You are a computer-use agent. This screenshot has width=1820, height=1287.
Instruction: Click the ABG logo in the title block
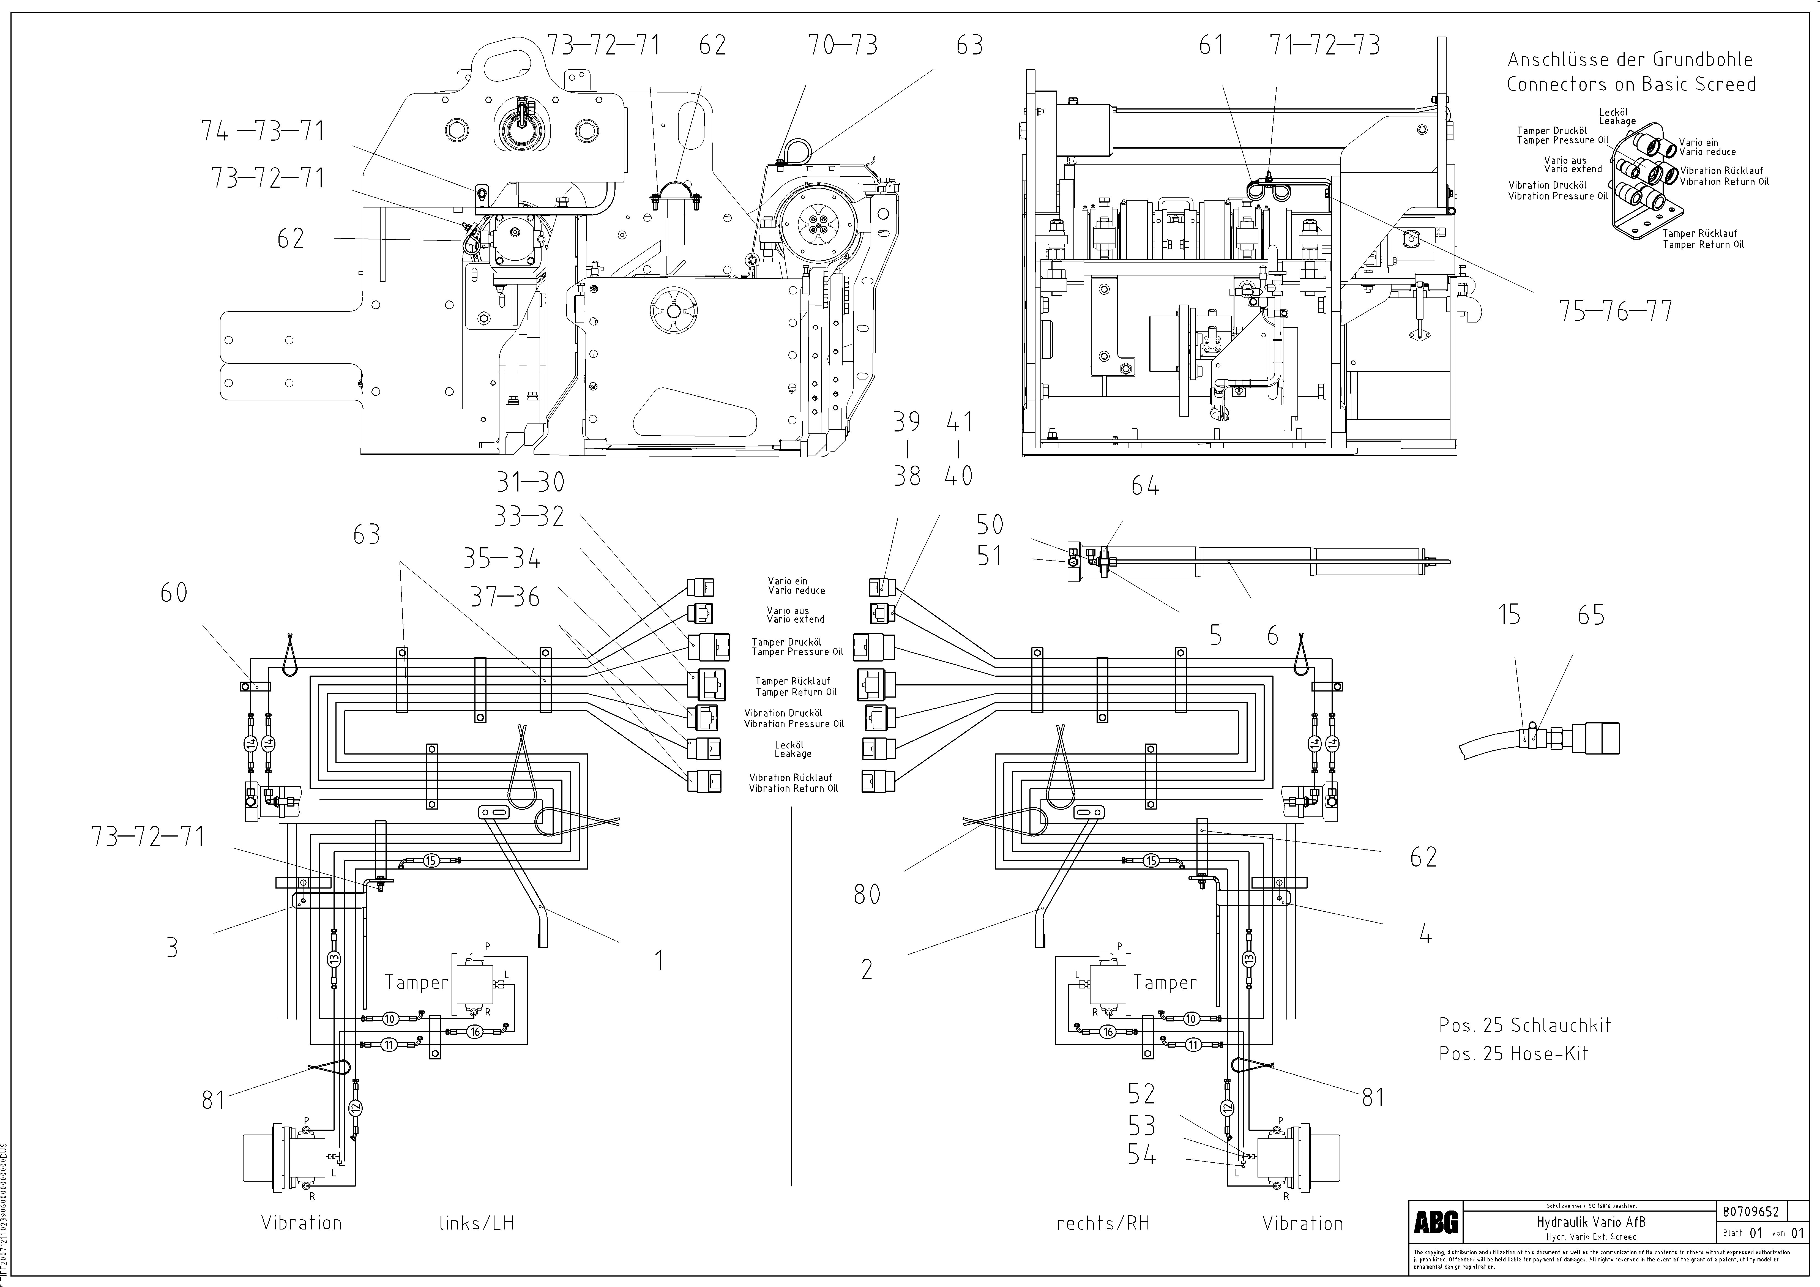coord(1436,1223)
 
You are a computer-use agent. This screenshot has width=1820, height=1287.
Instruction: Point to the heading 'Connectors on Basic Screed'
coord(1631,84)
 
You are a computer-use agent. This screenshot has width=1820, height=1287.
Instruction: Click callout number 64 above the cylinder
coord(1145,486)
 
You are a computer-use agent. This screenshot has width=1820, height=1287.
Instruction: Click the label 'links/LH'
coord(476,1223)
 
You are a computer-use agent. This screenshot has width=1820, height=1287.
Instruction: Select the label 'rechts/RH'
coord(1103,1223)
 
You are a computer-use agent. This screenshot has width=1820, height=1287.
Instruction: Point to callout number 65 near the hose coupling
coord(1591,615)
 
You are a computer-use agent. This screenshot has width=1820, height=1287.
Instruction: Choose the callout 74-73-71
coord(262,131)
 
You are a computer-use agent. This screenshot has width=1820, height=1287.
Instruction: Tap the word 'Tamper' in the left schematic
coord(416,983)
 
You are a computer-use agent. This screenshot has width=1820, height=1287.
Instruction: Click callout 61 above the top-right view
coord(1210,45)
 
